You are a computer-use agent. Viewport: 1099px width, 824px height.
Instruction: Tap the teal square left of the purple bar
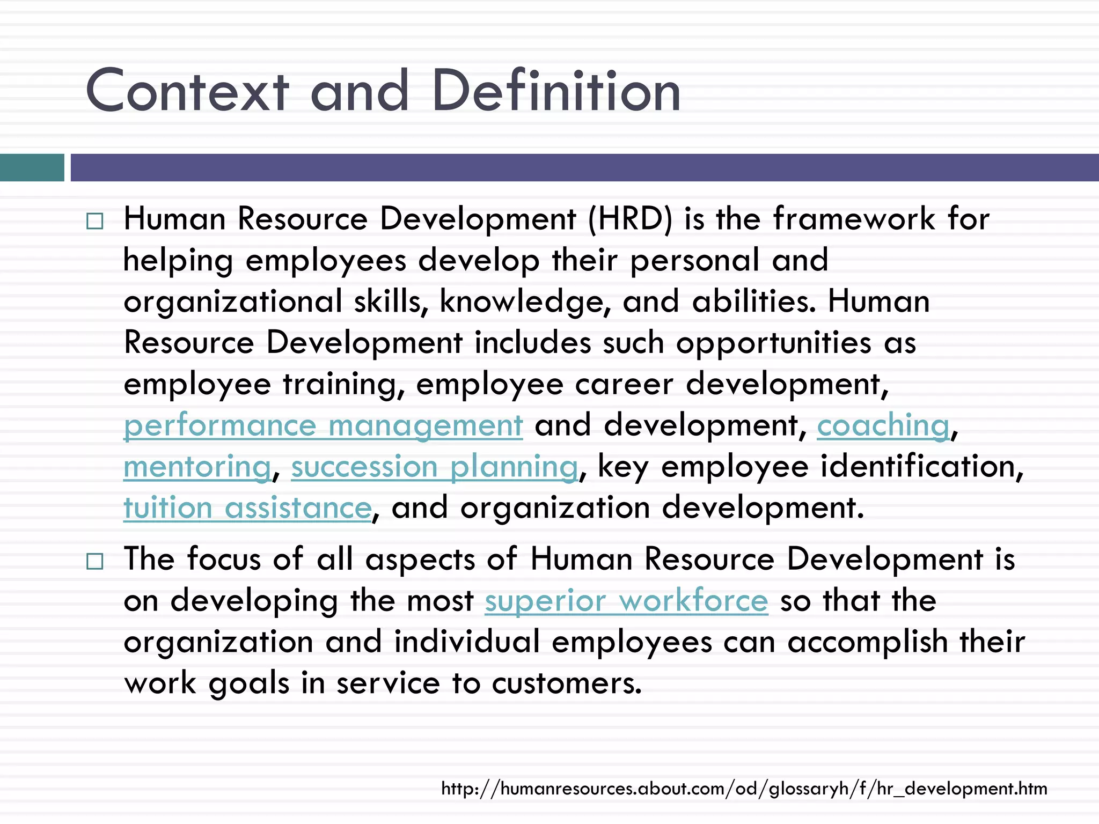pos(32,167)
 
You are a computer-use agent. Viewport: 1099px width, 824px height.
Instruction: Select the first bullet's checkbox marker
pos(94,221)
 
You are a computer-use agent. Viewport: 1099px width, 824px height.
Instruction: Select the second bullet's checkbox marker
pos(94,561)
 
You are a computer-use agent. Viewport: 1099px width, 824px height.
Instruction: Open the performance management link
pos(323,426)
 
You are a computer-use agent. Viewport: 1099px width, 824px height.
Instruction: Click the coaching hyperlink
pos(883,426)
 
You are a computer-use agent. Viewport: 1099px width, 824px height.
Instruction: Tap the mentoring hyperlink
pos(197,467)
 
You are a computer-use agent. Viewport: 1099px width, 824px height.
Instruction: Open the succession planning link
pos(435,467)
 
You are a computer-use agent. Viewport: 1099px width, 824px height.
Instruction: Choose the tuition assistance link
pos(247,509)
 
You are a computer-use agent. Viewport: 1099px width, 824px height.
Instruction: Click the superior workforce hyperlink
pos(626,601)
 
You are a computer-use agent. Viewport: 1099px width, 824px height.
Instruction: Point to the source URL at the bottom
pos(744,789)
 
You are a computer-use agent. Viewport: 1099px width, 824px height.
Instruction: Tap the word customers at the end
pos(566,683)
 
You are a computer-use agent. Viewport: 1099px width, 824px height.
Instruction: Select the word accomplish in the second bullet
pos(867,642)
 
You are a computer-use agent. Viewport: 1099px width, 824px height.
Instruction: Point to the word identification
pos(922,467)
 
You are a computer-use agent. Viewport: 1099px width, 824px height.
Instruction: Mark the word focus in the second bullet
pos(224,560)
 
